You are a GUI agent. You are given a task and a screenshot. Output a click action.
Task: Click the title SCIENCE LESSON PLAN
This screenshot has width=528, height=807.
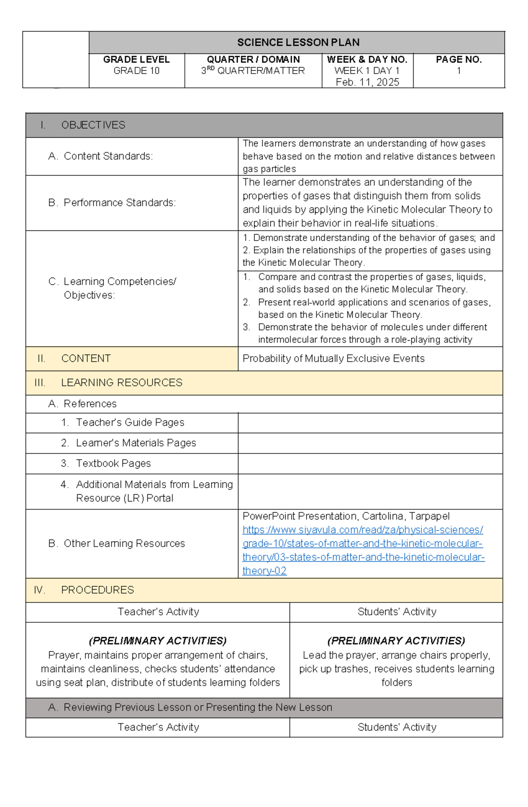point(298,43)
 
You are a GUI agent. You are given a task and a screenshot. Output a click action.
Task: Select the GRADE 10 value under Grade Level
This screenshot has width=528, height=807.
point(136,71)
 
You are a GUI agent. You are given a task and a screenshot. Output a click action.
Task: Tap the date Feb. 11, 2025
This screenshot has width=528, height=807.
point(367,82)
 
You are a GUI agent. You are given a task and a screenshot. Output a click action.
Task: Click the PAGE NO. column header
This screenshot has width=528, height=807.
point(458,59)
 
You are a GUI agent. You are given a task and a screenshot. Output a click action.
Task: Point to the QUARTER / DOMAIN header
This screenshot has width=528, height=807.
point(253,59)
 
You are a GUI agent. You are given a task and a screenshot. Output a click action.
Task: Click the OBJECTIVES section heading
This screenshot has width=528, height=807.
point(93,125)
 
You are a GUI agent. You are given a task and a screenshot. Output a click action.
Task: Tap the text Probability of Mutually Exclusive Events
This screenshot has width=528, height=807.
point(334,358)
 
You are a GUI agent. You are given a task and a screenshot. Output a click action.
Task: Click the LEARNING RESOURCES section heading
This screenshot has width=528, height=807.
point(121,383)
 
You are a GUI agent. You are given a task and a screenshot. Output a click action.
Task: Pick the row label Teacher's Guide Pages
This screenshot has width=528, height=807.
point(130,423)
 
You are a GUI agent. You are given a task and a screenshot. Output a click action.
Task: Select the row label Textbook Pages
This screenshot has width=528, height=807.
point(113,464)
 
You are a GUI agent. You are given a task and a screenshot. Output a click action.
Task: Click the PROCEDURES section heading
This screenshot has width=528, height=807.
point(97,590)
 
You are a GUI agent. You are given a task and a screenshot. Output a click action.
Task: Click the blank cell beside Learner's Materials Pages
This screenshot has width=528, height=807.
point(370,443)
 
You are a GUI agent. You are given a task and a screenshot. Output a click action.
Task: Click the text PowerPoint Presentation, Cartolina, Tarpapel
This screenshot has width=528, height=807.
point(346,516)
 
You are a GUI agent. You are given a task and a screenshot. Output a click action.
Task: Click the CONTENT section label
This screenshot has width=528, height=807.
point(86,358)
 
